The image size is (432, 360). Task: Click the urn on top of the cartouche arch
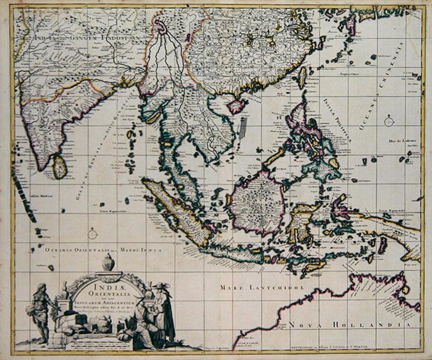click(108, 263)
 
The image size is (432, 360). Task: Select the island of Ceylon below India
click(59, 166)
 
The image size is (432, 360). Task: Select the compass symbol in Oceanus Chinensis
click(389, 122)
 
